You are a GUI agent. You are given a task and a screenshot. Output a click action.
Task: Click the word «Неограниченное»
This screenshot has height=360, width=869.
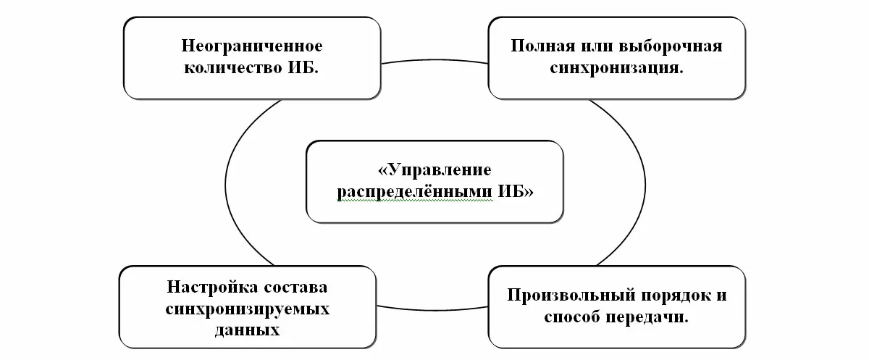point(252,46)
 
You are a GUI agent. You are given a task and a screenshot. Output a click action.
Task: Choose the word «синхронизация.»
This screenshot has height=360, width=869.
point(617,70)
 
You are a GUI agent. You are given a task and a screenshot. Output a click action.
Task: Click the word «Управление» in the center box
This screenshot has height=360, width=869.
point(434,170)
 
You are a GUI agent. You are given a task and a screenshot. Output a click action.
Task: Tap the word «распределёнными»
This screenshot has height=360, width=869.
point(416,193)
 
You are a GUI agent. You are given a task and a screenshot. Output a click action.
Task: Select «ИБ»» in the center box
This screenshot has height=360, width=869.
point(516,193)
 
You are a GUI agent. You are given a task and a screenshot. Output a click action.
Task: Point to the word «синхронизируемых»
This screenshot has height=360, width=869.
point(247,309)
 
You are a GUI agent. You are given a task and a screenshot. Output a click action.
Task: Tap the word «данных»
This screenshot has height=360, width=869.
point(247,330)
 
